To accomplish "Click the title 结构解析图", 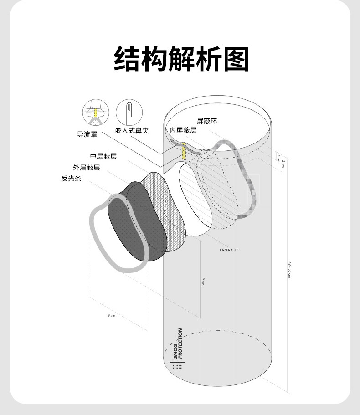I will (181, 59).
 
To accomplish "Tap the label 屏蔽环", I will (207, 121).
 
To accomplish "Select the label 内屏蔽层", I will (183, 130).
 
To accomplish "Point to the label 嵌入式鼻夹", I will (132, 131).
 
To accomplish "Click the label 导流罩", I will (87, 134).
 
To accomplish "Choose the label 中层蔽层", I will (103, 156).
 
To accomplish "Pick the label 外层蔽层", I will (86, 168).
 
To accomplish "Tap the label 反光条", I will (71, 179).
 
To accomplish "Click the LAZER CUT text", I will (229, 250).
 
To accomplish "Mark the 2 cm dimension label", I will (283, 164).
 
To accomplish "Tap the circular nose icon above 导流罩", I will (96, 114).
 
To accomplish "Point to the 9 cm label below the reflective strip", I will (111, 316).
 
